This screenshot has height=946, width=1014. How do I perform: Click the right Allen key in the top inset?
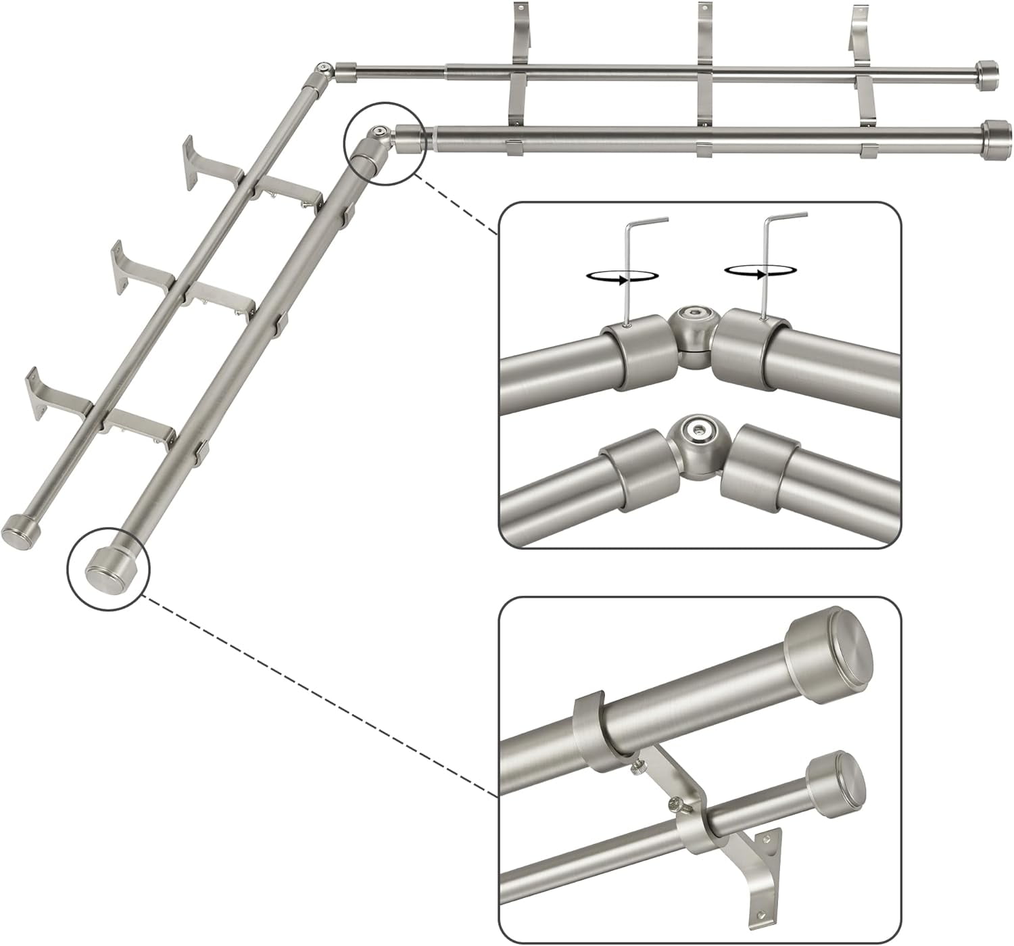pos(767,264)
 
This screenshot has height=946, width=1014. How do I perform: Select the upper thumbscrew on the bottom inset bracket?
pos(637,768)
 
